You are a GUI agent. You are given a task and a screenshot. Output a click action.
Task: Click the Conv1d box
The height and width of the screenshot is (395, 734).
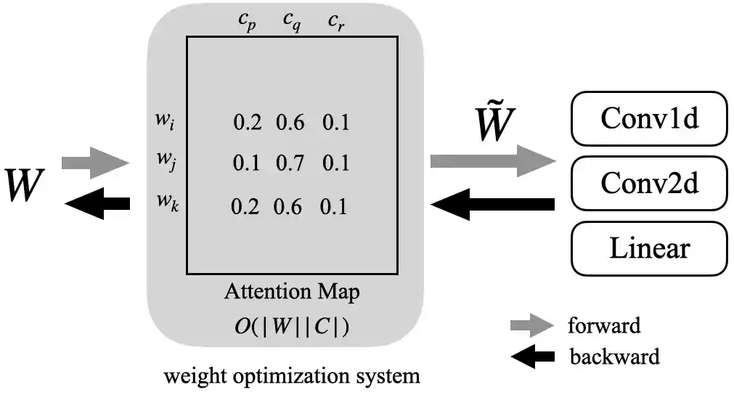(x=649, y=118)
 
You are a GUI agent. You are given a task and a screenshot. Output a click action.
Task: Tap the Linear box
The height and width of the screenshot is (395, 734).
(x=649, y=248)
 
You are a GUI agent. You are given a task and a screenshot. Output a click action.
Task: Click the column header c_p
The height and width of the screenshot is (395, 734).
(x=247, y=20)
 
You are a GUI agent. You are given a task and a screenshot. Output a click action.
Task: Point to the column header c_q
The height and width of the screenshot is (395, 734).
(x=292, y=20)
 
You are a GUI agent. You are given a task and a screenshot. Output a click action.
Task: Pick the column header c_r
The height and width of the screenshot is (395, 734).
(x=335, y=20)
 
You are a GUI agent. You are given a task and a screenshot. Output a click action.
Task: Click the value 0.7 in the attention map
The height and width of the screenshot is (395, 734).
(x=290, y=163)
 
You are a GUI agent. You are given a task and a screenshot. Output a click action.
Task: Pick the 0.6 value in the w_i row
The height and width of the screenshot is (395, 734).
(x=290, y=123)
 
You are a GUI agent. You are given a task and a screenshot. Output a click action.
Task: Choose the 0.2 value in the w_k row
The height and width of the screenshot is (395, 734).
(x=245, y=207)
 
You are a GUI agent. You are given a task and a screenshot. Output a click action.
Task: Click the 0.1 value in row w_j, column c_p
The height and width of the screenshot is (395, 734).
(x=246, y=163)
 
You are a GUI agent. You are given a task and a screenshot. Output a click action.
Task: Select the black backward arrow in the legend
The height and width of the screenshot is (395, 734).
(x=532, y=357)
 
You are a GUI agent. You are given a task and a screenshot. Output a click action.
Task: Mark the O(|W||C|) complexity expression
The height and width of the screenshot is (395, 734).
(x=291, y=325)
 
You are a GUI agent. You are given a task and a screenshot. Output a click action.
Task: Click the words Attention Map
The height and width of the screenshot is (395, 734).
(x=292, y=292)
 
